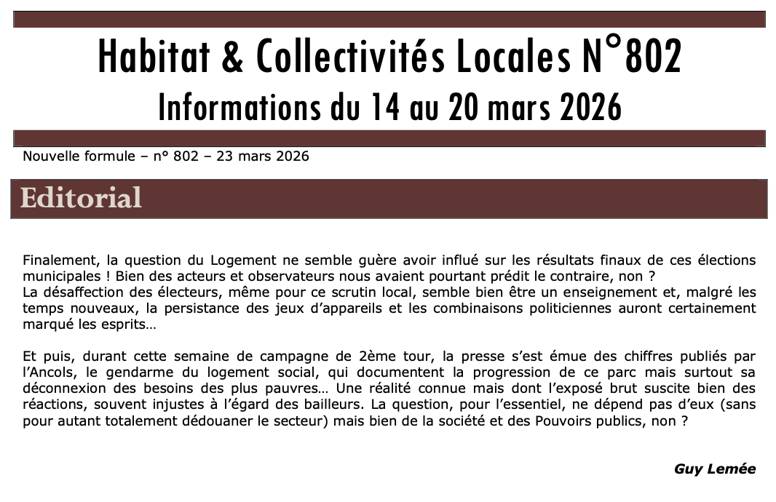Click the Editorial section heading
click(x=81, y=198)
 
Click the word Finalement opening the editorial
click(x=59, y=260)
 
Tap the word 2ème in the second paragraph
click(x=377, y=356)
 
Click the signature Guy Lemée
click(x=715, y=469)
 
